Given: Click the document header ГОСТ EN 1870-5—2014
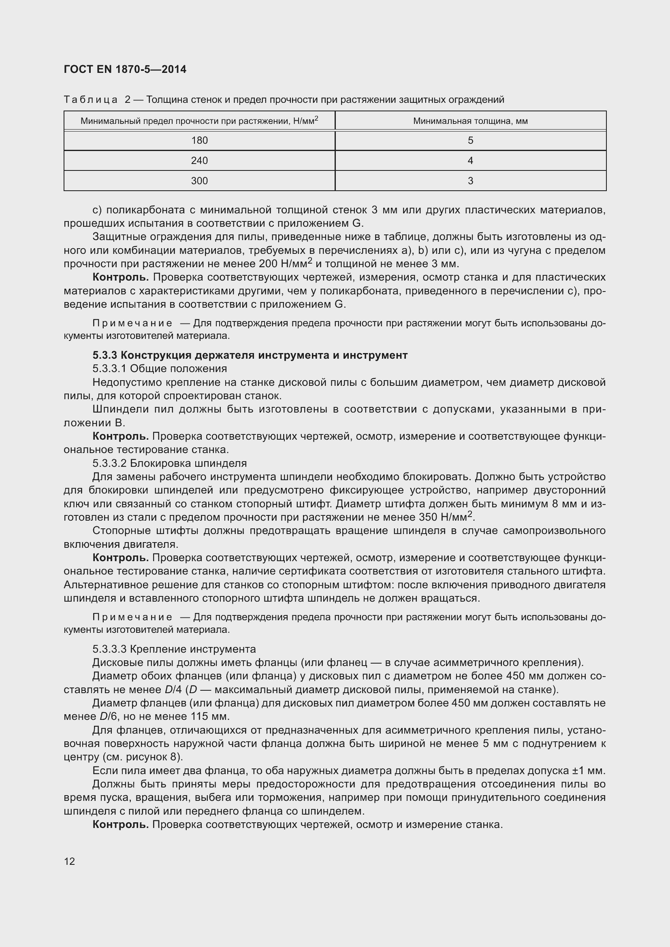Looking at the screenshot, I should (x=125, y=69).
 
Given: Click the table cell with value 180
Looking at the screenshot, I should (x=199, y=140).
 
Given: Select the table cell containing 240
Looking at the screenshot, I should (x=199, y=160).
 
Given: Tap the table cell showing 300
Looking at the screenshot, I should (x=199, y=181).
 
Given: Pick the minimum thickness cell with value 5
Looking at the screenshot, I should (x=470, y=140).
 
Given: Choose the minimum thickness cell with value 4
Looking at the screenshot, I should (x=470, y=160).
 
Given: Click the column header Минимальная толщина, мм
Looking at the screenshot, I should (x=470, y=121).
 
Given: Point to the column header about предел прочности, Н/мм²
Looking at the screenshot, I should (x=199, y=121).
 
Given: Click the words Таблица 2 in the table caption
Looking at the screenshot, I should (x=97, y=100).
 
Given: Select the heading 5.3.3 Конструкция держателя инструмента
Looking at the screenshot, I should (x=250, y=355).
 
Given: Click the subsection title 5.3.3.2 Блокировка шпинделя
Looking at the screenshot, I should (x=170, y=463).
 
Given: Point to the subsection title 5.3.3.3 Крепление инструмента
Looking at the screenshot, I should (x=174, y=649).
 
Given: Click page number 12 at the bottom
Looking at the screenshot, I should (x=69, y=861).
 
